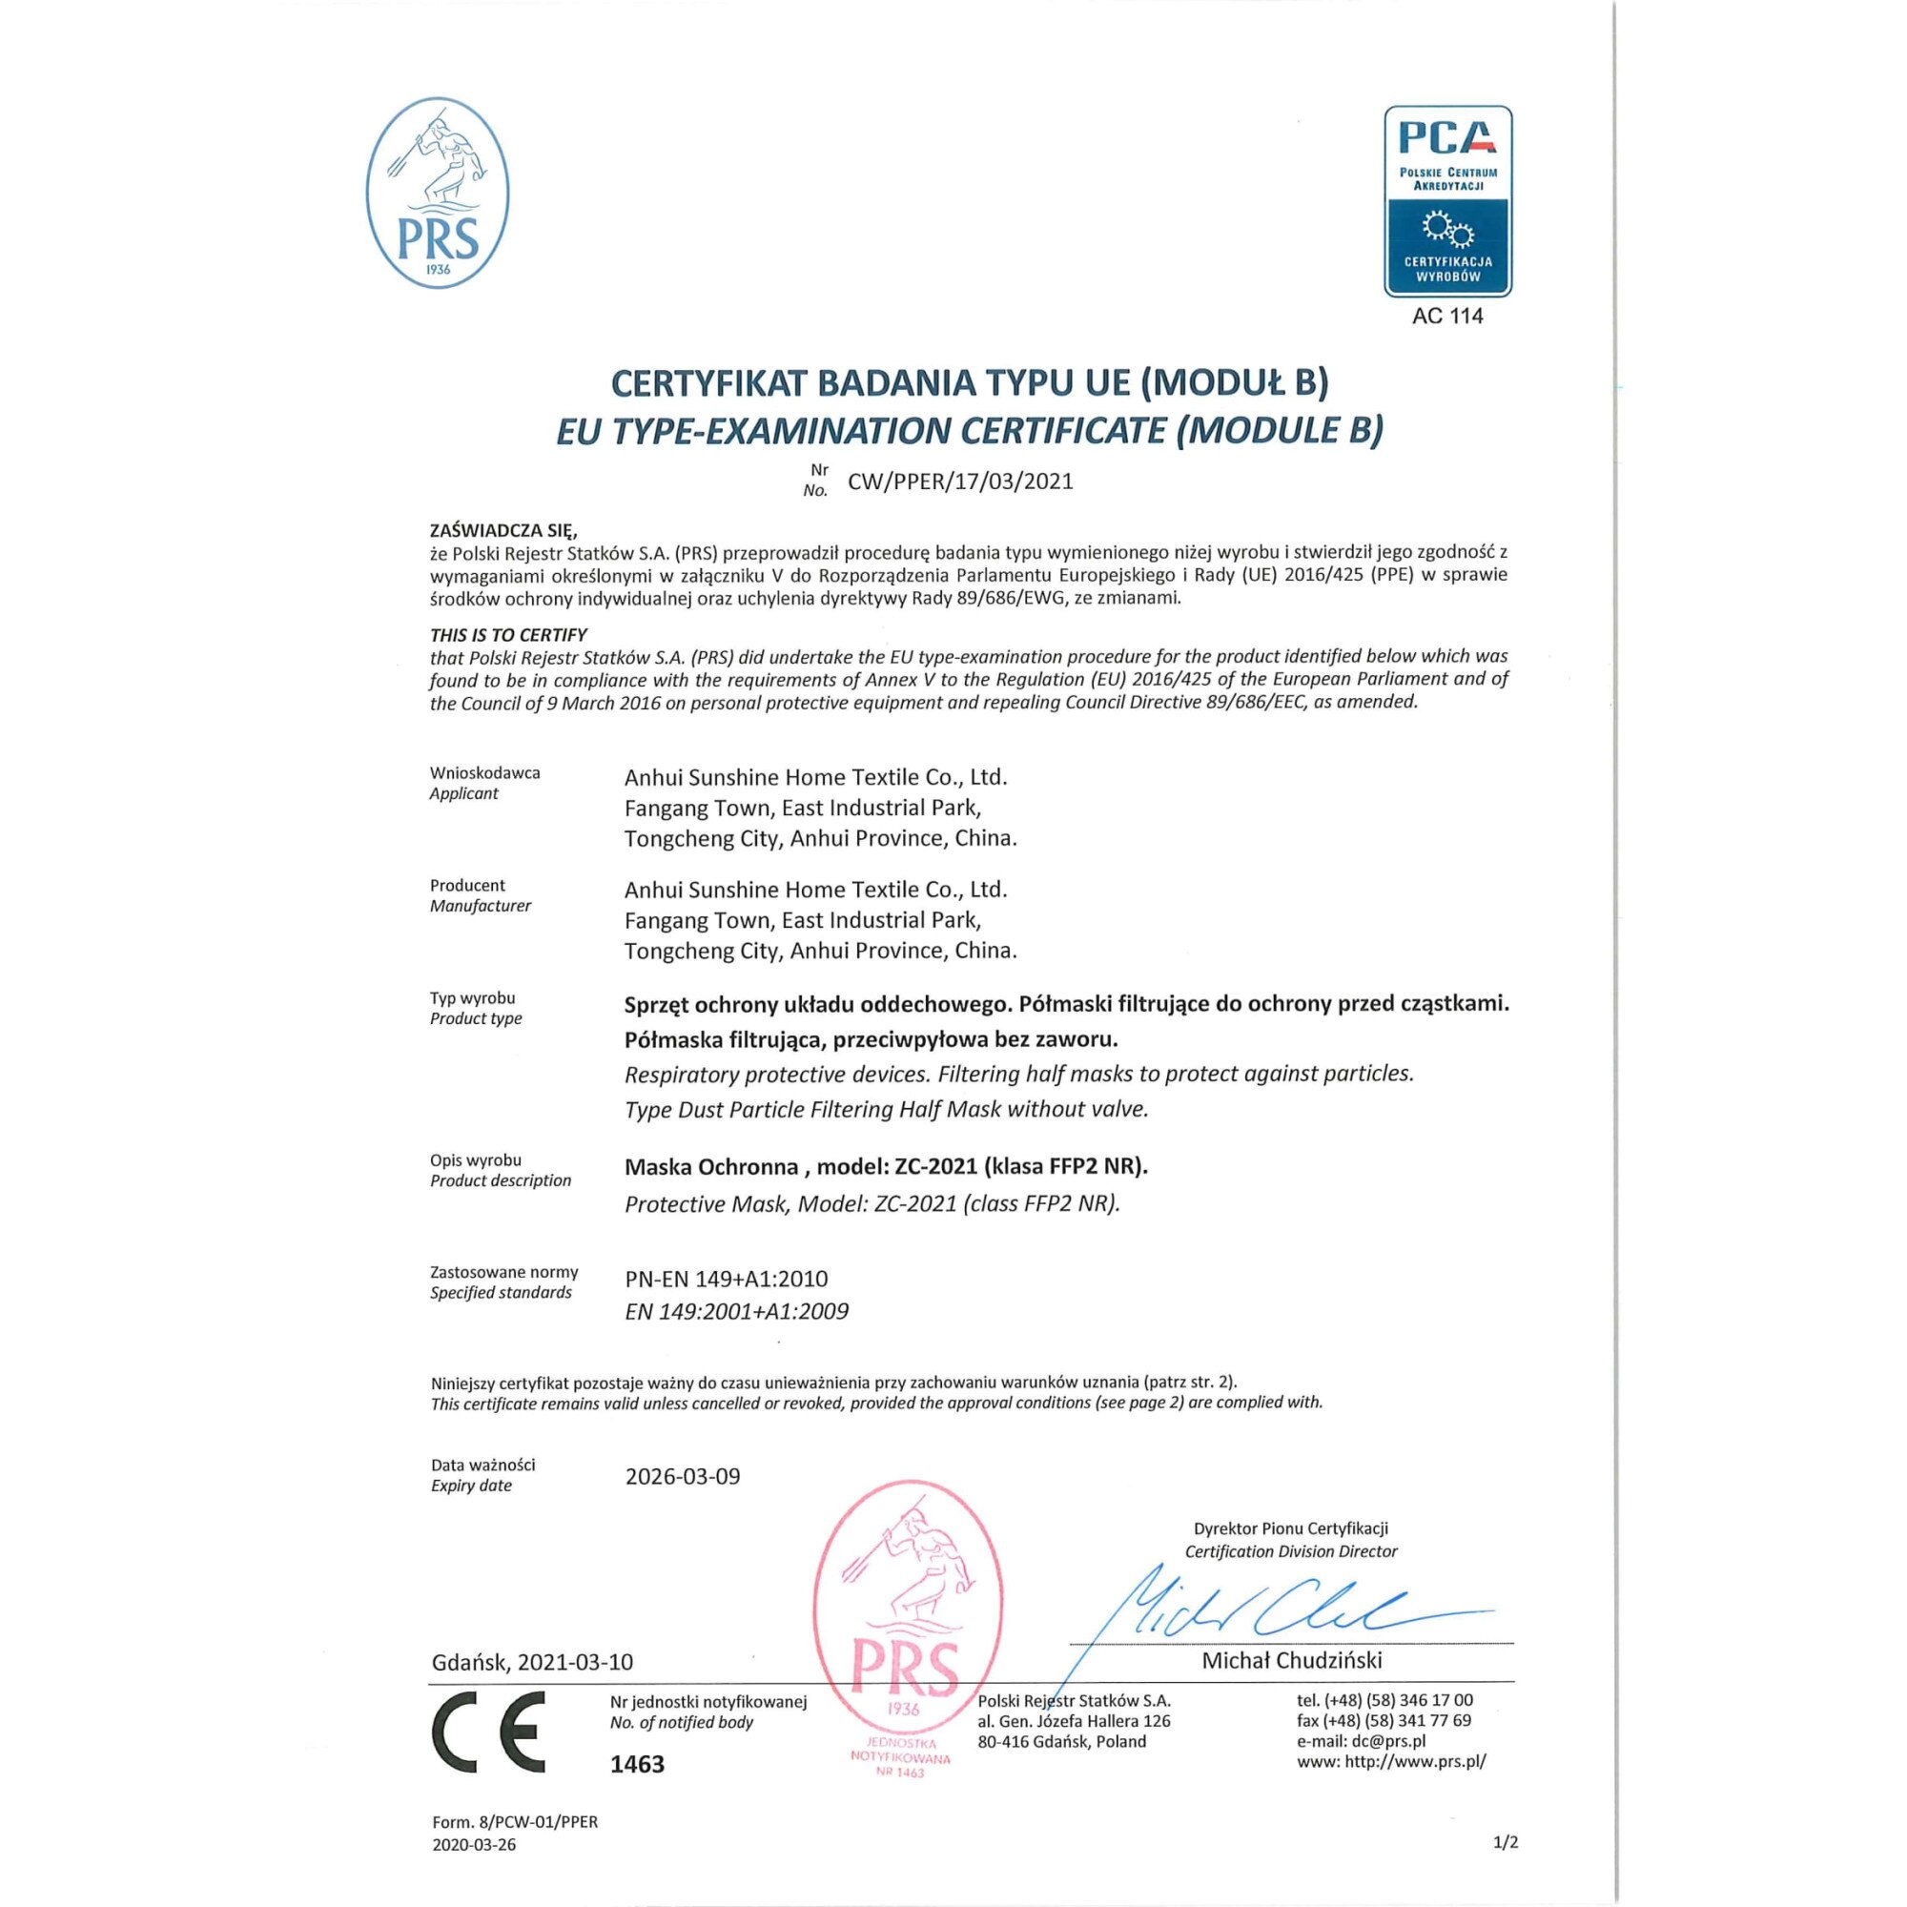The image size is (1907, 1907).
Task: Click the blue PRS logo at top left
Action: (438, 194)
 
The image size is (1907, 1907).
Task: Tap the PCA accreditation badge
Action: (1447, 201)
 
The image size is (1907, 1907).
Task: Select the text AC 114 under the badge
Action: (1447, 316)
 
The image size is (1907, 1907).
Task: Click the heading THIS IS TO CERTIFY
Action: (508, 635)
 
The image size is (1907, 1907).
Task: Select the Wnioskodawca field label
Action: (484, 773)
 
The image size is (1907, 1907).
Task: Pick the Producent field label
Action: (467, 886)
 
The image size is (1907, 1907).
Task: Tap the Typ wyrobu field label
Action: (472, 998)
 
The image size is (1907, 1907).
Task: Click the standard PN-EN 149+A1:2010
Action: (727, 1279)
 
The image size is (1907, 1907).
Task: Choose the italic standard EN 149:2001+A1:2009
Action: (736, 1312)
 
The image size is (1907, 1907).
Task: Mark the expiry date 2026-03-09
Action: (682, 1477)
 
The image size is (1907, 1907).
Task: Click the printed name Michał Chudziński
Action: (1291, 1660)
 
